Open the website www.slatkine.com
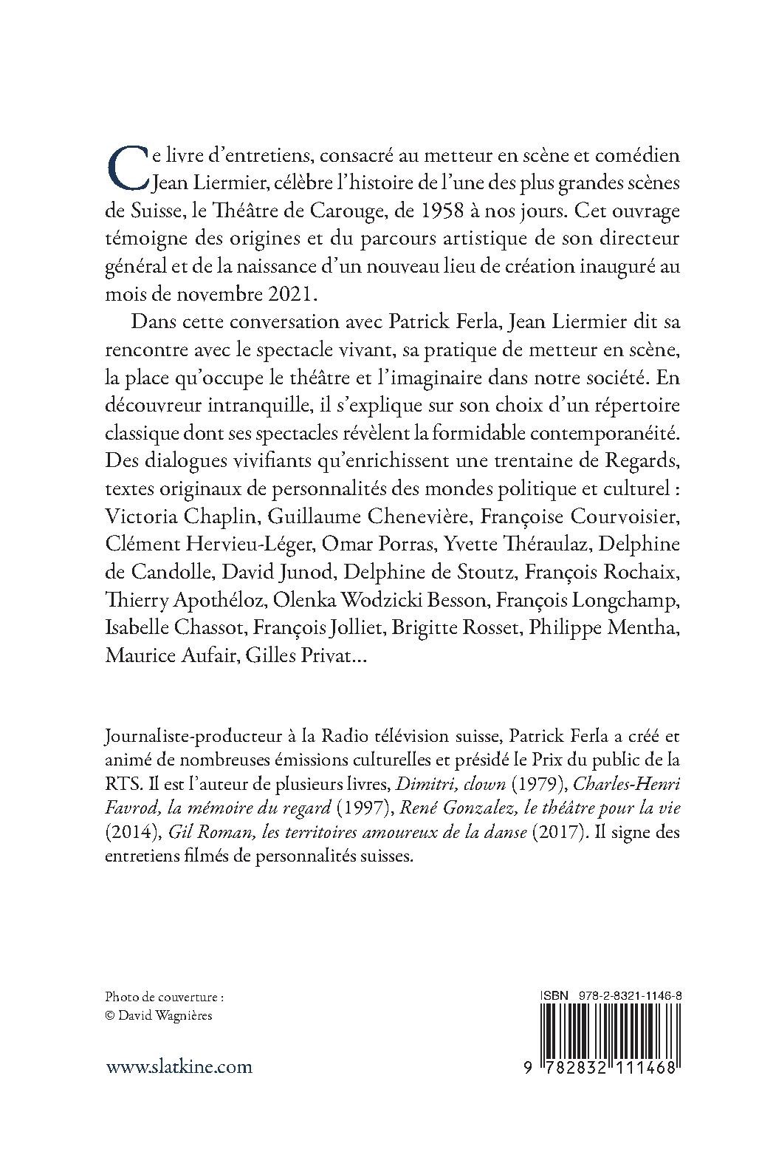pyautogui.click(x=179, y=1066)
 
